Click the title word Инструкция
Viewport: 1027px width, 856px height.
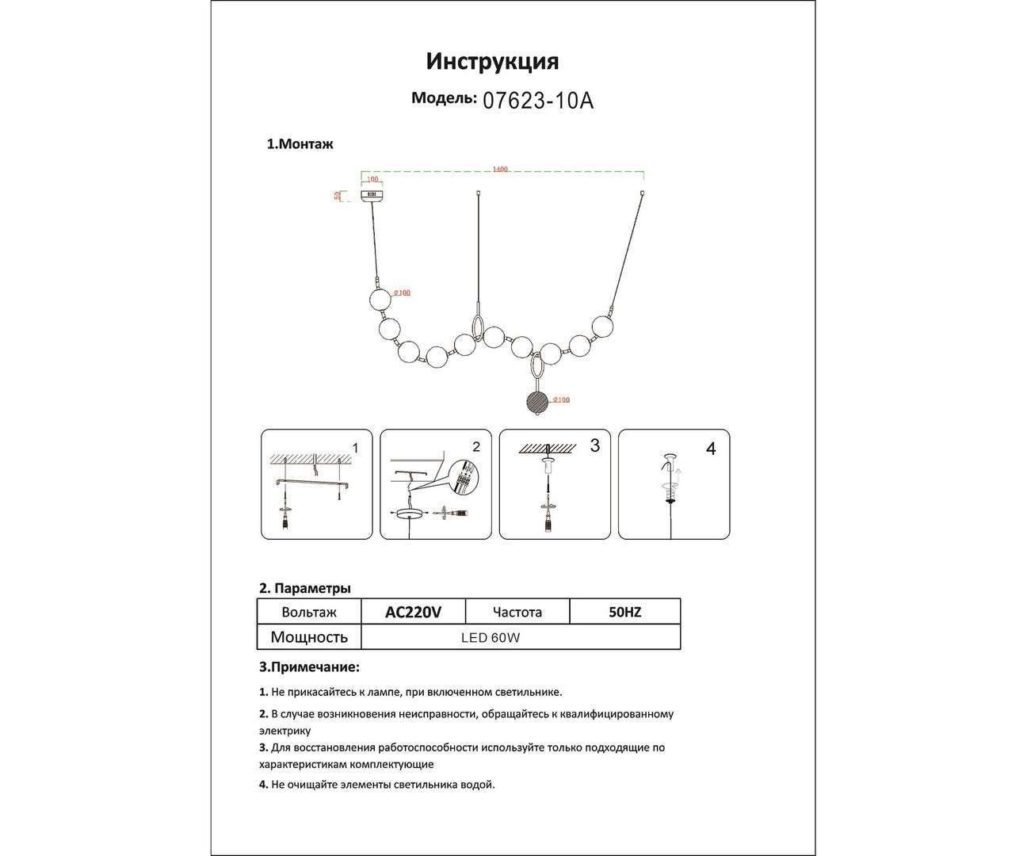pos(492,61)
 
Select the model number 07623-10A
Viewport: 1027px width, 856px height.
pos(538,101)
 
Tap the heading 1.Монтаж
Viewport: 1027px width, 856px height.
pos(300,144)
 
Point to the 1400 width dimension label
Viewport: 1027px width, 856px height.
pos(500,170)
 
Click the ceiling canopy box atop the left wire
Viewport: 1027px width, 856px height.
pos(372,194)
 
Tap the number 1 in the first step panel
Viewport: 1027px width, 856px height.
pos(355,448)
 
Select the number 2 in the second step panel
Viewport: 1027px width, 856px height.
pos(475,447)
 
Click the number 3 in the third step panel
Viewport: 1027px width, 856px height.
pos(595,445)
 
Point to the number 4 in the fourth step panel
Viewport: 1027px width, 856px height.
pos(711,449)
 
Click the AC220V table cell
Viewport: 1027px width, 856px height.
pos(413,612)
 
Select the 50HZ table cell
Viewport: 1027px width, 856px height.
pos(624,612)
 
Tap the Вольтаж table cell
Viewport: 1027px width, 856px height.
pos(309,612)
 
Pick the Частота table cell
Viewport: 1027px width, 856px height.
pos(517,612)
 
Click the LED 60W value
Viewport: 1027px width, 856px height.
pos(491,637)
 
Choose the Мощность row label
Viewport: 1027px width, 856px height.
pos(309,637)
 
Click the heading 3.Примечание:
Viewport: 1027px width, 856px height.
pos(309,667)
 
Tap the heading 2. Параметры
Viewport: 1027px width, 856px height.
pos(305,588)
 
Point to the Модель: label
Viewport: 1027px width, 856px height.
pos(444,98)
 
